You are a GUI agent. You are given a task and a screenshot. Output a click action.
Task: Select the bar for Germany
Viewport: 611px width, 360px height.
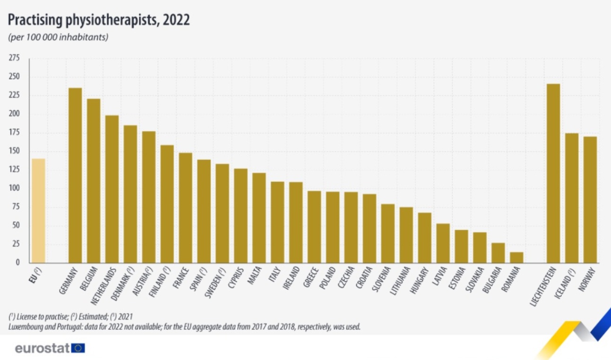(75, 175)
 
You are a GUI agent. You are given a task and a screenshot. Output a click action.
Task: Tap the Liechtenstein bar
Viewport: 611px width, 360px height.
(553, 173)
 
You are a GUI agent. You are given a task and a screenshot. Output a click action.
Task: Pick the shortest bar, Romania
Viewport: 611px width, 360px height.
(516, 257)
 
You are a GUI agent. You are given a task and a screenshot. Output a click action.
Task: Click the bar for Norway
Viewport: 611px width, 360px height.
(590, 200)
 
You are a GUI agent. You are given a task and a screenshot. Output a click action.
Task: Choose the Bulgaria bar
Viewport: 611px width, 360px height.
(498, 253)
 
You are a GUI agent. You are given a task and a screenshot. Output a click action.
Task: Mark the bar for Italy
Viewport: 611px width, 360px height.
(277, 222)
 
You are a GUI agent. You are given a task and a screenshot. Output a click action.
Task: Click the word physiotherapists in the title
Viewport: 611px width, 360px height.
(106, 20)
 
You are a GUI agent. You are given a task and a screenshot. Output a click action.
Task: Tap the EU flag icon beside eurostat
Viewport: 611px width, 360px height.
(79, 349)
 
